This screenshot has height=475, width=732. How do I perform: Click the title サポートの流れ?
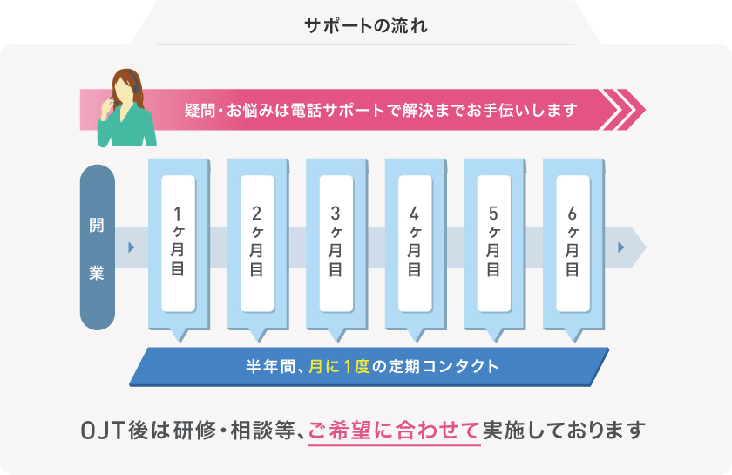coord(365,25)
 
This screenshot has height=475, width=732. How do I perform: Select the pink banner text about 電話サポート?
coord(381,111)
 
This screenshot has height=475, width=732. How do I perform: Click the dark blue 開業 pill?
coord(97,248)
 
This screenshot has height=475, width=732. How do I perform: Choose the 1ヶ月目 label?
coord(178,242)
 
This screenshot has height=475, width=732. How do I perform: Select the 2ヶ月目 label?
coord(256,242)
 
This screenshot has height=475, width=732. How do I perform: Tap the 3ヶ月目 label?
coord(335,242)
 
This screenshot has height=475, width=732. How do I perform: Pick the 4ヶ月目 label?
coord(414,242)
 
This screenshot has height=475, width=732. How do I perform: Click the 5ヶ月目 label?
coord(493,242)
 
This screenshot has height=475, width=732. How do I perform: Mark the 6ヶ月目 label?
coord(572,242)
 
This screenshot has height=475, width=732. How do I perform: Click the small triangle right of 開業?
coord(131,248)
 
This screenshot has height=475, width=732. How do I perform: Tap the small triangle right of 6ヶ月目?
coord(621,248)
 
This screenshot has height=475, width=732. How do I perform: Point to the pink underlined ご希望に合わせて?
coord(395,430)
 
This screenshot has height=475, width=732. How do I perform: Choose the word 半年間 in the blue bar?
coord(271,366)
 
